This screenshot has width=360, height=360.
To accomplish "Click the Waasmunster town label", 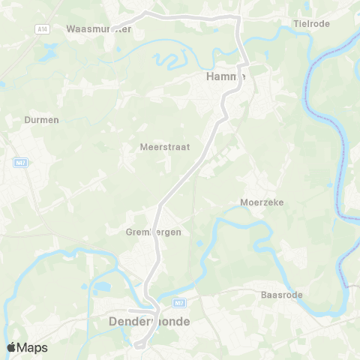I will tap(99, 29).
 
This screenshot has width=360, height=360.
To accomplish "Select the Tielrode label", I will tap(313, 23).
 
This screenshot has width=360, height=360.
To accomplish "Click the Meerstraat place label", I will tap(164, 147).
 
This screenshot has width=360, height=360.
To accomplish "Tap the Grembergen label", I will tap(154, 232).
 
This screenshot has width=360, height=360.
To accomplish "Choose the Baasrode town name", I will tap(281, 295).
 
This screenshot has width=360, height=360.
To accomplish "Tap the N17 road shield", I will tap(178, 304).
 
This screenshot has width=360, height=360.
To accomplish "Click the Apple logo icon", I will tap(11, 347).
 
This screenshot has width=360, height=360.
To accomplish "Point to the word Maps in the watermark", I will tap(32, 348).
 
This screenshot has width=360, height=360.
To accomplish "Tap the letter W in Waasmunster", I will tap(70, 29).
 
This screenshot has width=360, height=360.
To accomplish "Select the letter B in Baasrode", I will tap(263, 295).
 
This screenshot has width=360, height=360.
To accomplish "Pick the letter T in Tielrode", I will tap(295, 23).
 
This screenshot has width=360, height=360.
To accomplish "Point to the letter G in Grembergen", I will tap(130, 232).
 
